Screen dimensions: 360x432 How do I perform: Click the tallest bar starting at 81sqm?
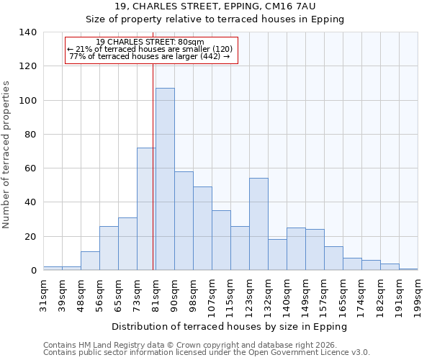165,179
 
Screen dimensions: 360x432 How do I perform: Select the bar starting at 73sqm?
146,209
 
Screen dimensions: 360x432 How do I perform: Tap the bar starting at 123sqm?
258,224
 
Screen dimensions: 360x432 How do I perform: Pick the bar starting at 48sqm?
90,261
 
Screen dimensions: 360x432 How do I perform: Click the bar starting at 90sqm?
184,220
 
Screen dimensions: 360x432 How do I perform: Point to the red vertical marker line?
153,166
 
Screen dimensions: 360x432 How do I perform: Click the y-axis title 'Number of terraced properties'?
6,155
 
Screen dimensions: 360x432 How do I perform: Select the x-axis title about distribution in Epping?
230,326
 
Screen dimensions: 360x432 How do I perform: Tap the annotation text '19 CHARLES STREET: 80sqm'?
150,42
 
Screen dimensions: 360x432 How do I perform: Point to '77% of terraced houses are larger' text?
150,57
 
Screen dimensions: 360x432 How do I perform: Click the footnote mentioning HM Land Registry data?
189,345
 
